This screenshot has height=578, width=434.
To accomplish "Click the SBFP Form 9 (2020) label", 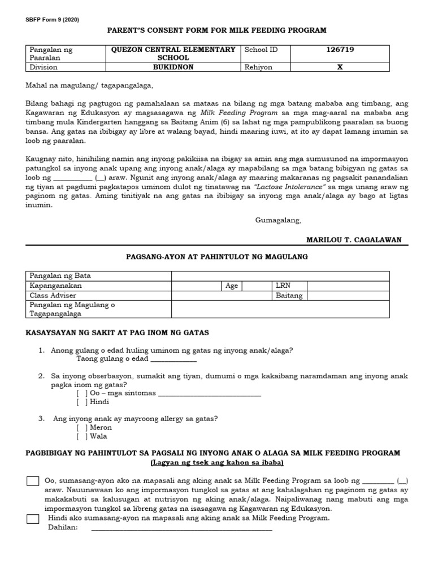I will click(x=52, y=20).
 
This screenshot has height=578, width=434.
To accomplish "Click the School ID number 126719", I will click(x=340, y=50).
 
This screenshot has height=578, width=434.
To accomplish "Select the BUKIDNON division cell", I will click(x=173, y=67).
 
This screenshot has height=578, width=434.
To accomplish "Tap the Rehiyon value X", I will click(x=340, y=67).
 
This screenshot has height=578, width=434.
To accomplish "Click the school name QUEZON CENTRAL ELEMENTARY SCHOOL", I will click(x=173, y=54).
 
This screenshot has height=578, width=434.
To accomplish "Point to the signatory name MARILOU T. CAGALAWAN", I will click(x=354, y=240).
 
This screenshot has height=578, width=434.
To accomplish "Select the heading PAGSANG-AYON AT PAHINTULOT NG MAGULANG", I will click(x=216, y=257).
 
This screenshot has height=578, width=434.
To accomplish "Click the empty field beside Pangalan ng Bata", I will click(x=280, y=275).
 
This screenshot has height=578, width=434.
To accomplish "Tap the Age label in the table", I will click(x=232, y=286).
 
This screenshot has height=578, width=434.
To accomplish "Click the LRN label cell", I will click(x=282, y=286).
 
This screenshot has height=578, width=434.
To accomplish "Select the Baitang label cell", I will click(x=289, y=295).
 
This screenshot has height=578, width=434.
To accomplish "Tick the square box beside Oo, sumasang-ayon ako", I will click(x=33, y=481).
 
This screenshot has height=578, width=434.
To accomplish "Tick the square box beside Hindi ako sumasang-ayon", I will click(x=33, y=519).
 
